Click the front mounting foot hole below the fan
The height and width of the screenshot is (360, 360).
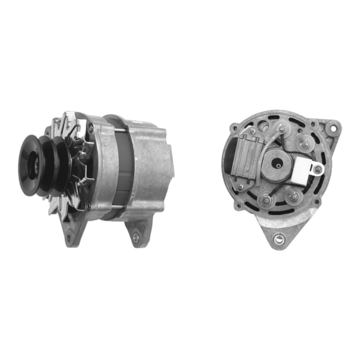pos(69,238)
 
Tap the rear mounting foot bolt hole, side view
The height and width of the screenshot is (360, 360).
pos(136,237)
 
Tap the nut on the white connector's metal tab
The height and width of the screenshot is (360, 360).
pos(317,169)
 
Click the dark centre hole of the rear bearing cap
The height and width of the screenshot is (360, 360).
pos(278,165)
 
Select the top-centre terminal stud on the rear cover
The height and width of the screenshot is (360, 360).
pos(282,129)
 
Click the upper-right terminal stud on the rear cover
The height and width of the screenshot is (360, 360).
pos(306,144)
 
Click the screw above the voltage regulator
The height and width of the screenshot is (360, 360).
pos(253,131)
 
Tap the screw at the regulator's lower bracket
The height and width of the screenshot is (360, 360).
pos(240,186)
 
